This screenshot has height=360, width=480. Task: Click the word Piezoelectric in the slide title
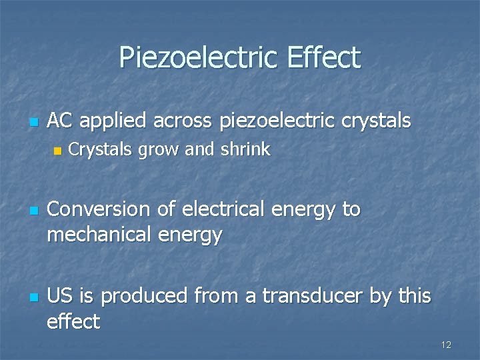(x=200, y=58)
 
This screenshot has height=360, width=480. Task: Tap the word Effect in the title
(x=325, y=58)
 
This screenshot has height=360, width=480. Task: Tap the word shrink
(x=246, y=150)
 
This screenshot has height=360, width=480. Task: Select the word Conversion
(x=99, y=209)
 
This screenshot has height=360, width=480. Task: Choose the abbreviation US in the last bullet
(x=61, y=296)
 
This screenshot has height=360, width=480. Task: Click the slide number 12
(x=446, y=344)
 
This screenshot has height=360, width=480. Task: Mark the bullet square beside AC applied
(x=32, y=122)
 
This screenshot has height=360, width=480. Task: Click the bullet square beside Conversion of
(x=32, y=211)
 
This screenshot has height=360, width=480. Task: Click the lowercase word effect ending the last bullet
(x=73, y=322)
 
